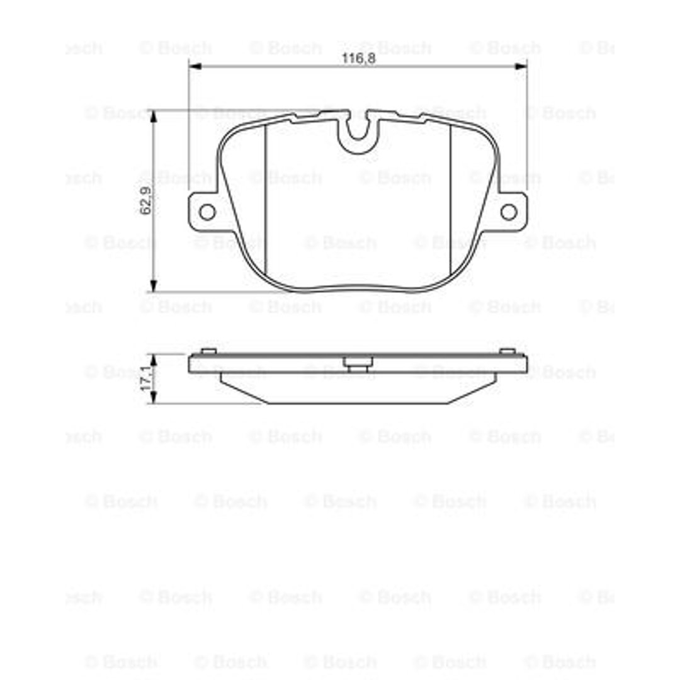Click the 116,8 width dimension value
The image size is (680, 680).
click(358, 58)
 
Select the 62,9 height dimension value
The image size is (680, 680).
click(145, 200)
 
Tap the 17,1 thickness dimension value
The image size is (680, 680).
click(146, 378)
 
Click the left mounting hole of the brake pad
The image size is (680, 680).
click(207, 212)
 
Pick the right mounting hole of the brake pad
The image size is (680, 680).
click(509, 212)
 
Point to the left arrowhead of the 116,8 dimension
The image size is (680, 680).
click(196, 66)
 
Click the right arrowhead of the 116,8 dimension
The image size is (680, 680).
click(521, 66)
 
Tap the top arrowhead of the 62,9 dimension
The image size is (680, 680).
click(153, 116)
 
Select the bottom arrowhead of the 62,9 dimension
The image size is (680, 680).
click(153, 286)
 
